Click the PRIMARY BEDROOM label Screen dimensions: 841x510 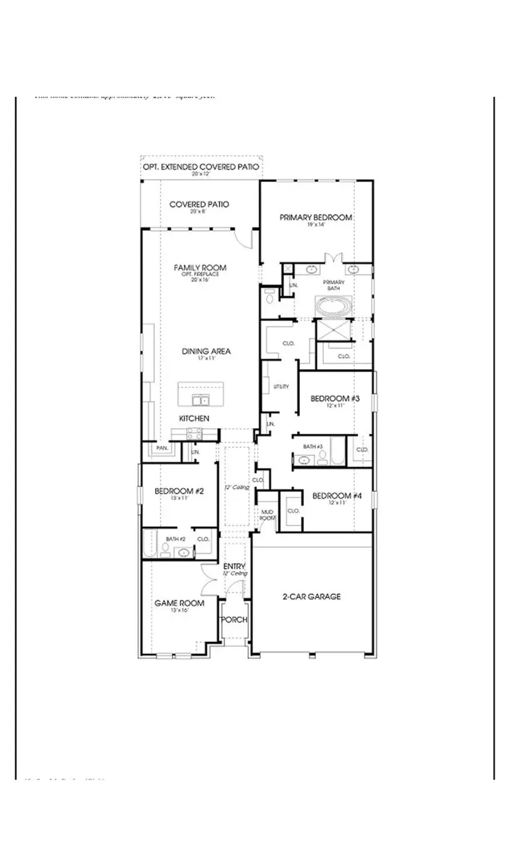click(x=316, y=217)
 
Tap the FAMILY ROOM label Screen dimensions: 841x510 click(x=200, y=267)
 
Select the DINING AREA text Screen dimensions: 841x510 click(x=206, y=351)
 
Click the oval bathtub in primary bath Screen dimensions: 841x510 click(x=333, y=307)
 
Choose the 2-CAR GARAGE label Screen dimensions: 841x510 click(x=312, y=596)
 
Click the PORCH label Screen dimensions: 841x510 click(x=235, y=619)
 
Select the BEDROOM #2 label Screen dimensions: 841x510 click(x=179, y=491)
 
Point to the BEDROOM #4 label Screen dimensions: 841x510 click(x=337, y=496)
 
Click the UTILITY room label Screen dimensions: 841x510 click(x=281, y=387)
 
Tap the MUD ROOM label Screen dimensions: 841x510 click(x=267, y=514)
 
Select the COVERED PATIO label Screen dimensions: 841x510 click(x=199, y=204)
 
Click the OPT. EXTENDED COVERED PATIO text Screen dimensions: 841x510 click(x=201, y=167)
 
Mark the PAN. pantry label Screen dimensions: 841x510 click(x=162, y=448)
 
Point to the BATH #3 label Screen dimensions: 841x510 click(x=312, y=446)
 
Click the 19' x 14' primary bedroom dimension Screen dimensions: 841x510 click(x=316, y=225)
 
